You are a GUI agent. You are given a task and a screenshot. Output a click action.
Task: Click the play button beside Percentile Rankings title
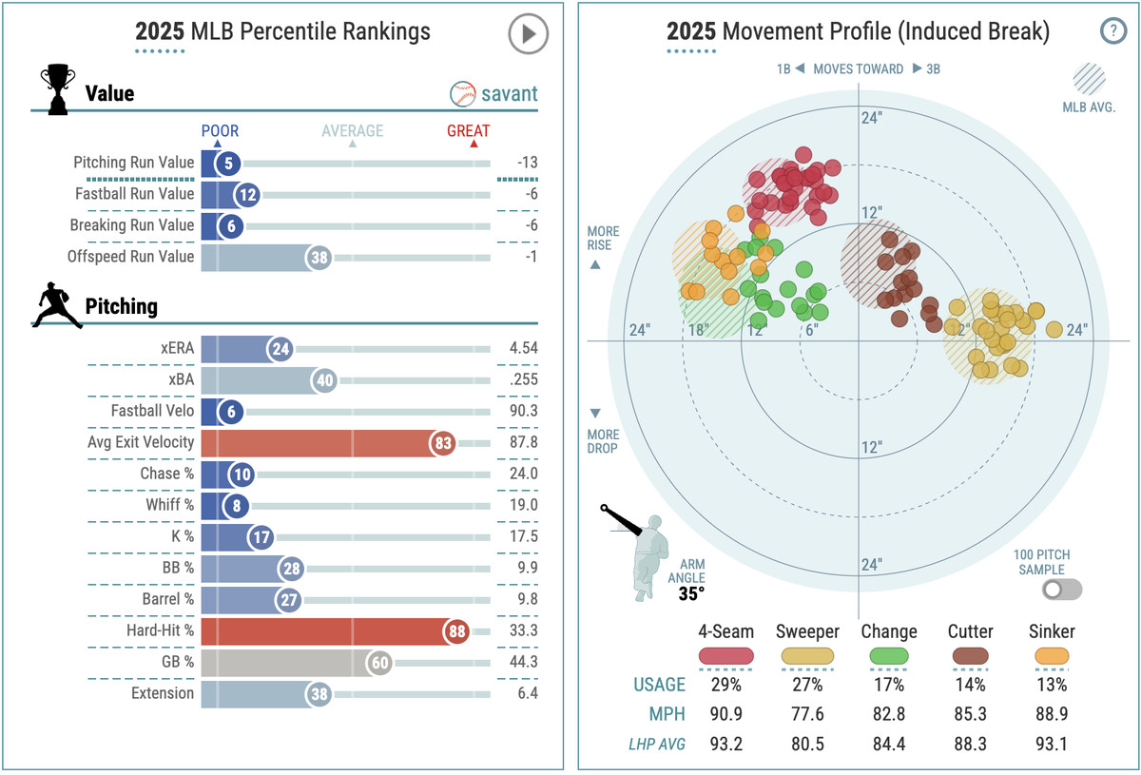[x=528, y=35]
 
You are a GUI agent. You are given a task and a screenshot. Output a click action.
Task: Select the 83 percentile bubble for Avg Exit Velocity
[x=441, y=443]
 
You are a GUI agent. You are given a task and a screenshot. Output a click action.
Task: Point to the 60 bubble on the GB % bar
[x=379, y=663]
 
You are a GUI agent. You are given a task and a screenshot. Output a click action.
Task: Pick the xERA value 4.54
[x=523, y=348]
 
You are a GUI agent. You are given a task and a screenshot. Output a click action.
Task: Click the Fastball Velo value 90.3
[x=523, y=412]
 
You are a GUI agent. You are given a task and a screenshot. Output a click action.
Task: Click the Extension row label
[x=163, y=693]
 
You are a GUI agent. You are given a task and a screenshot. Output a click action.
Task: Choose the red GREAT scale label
[x=469, y=131]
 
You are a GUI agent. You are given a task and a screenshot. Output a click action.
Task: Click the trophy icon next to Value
[x=57, y=91]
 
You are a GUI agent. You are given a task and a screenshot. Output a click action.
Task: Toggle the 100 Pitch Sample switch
[x=1061, y=590]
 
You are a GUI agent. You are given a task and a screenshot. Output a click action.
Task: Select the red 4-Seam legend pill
[x=726, y=655]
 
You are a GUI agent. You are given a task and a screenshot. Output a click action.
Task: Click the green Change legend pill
[x=889, y=655]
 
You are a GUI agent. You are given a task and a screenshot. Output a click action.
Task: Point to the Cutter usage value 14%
[x=971, y=685]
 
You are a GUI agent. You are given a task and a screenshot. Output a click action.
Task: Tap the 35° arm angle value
[x=691, y=593]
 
